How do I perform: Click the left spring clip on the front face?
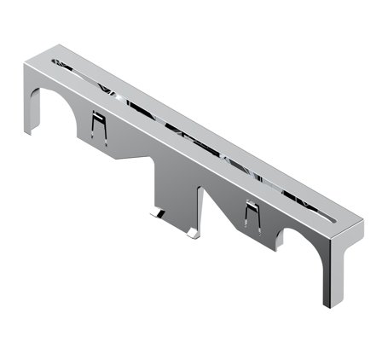click(99, 128)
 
